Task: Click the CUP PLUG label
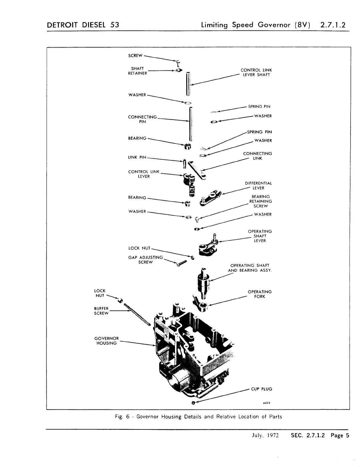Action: pyautogui.click(x=261, y=389)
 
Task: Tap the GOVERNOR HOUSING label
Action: pyautogui.click(x=106, y=341)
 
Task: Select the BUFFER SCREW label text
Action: pyautogui.click(x=101, y=311)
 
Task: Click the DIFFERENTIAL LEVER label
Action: pyautogui.click(x=258, y=186)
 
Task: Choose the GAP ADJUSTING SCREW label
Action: pyautogui.click(x=145, y=260)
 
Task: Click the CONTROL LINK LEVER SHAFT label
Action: pyautogui.click(x=256, y=72)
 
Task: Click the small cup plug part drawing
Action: pyautogui.click(x=193, y=403)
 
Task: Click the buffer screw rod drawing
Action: pyautogui.click(x=138, y=315)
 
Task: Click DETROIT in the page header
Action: pyautogui.click(x=62, y=25)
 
